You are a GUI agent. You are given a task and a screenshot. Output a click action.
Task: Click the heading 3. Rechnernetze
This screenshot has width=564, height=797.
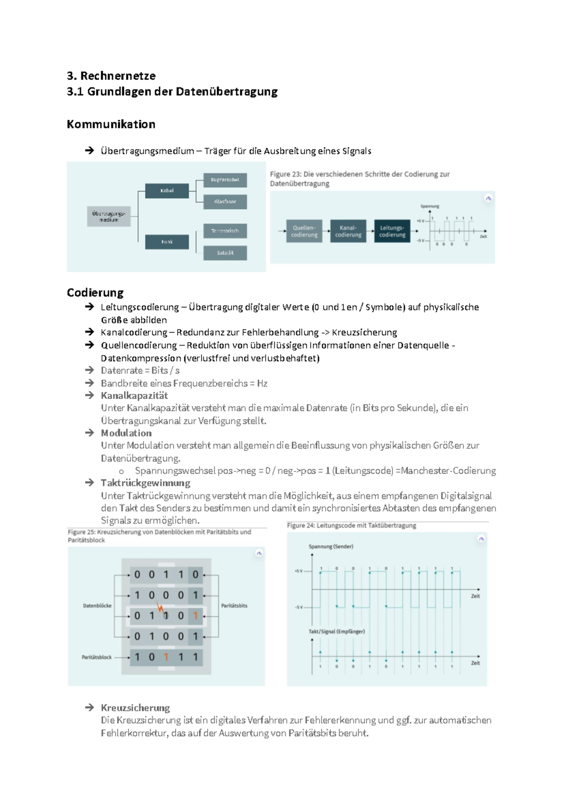(111, 76)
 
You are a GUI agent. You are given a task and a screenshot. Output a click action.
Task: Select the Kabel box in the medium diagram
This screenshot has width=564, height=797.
(167, 191)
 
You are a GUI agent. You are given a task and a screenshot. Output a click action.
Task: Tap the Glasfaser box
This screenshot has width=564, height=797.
(225, 202)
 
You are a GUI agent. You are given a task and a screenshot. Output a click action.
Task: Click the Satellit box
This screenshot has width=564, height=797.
(225, 253)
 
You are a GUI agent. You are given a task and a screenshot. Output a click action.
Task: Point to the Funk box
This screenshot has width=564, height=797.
(167, 242)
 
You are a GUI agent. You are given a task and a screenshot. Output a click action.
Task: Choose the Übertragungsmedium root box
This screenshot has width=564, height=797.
(109, 217)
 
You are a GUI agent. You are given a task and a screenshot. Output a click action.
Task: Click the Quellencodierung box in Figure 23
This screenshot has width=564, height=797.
(304, 231)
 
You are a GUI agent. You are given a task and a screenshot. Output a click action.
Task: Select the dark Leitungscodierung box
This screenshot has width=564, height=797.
(392, 231)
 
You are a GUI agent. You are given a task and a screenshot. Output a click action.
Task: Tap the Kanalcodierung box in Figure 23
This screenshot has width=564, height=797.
(348, 231)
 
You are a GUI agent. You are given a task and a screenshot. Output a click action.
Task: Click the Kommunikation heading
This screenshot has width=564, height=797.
(111, 125)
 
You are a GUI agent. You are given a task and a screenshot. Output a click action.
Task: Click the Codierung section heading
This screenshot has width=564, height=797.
(95, 293)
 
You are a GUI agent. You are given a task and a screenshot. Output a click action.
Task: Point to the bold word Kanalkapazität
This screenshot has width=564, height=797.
(134, 396)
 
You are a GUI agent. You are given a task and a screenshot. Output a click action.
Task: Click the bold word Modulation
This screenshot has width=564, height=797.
(126, 433)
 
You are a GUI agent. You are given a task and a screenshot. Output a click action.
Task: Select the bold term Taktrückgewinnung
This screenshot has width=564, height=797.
(145, 483)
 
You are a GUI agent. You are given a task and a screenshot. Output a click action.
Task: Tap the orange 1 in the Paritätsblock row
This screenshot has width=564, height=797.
(166, 657)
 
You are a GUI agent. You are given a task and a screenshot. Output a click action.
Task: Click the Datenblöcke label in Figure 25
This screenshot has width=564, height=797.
(97, 606)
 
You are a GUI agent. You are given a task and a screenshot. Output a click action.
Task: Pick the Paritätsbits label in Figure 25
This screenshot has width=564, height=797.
(234, 606)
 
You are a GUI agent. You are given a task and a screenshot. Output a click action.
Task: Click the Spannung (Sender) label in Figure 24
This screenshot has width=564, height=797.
(330, 547)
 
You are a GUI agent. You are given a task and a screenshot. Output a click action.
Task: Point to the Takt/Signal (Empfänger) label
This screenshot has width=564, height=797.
(337, 632)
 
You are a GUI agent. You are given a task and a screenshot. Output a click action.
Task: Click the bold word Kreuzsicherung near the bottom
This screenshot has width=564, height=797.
(135, 708)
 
